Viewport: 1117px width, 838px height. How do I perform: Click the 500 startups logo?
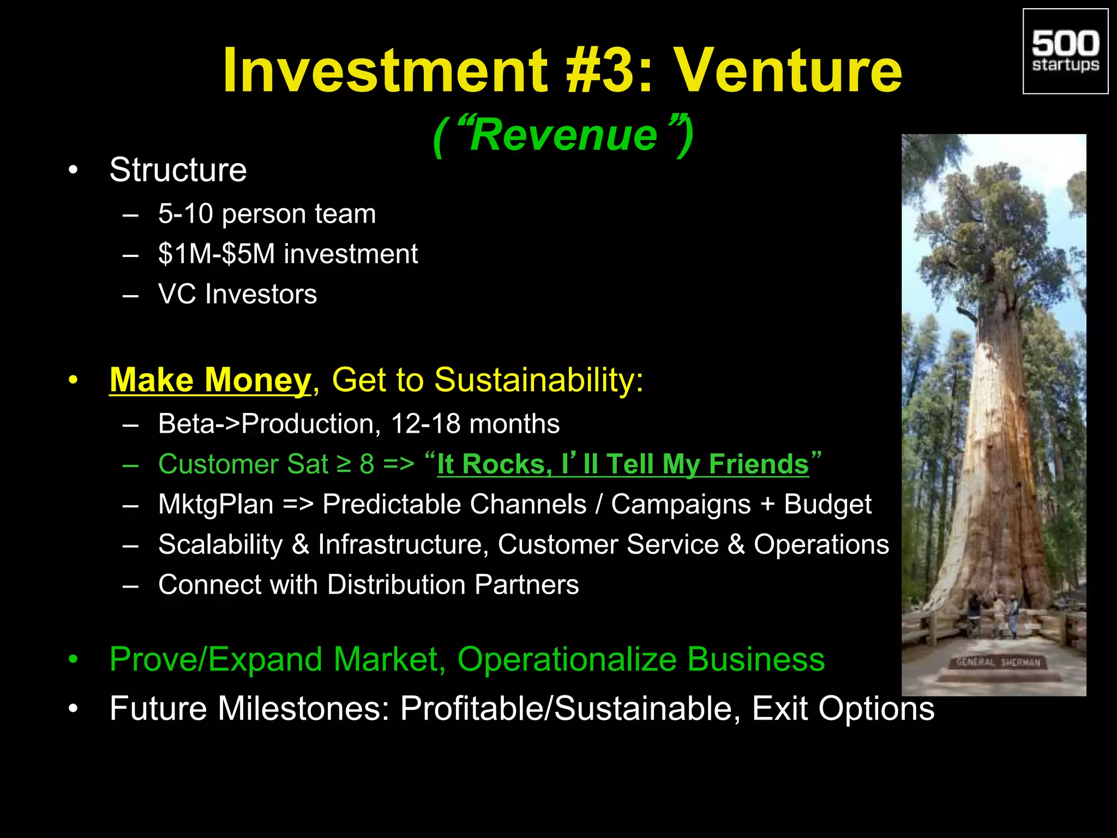[1065, 51]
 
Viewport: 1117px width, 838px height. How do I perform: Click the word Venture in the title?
[789, 71]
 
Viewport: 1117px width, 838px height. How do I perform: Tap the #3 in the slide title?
[601, 71]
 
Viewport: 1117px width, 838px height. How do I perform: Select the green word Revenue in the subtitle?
[563, 135]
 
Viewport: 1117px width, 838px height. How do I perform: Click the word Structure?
[178, 170]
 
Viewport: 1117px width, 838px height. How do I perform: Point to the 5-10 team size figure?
[185, 213]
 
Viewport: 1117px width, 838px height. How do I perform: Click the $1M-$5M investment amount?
[217, 254]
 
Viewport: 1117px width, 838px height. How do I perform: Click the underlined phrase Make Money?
[210, 380]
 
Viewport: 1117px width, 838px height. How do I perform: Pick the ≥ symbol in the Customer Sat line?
[344, 464]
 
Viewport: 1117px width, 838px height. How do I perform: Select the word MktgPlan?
[216, 504]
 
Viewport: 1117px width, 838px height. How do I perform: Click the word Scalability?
[220, 544]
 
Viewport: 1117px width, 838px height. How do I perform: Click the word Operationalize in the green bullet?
[567, 659]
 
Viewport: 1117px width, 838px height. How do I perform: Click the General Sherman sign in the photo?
[999, 662]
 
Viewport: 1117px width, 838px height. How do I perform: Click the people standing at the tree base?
[993, 614]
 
